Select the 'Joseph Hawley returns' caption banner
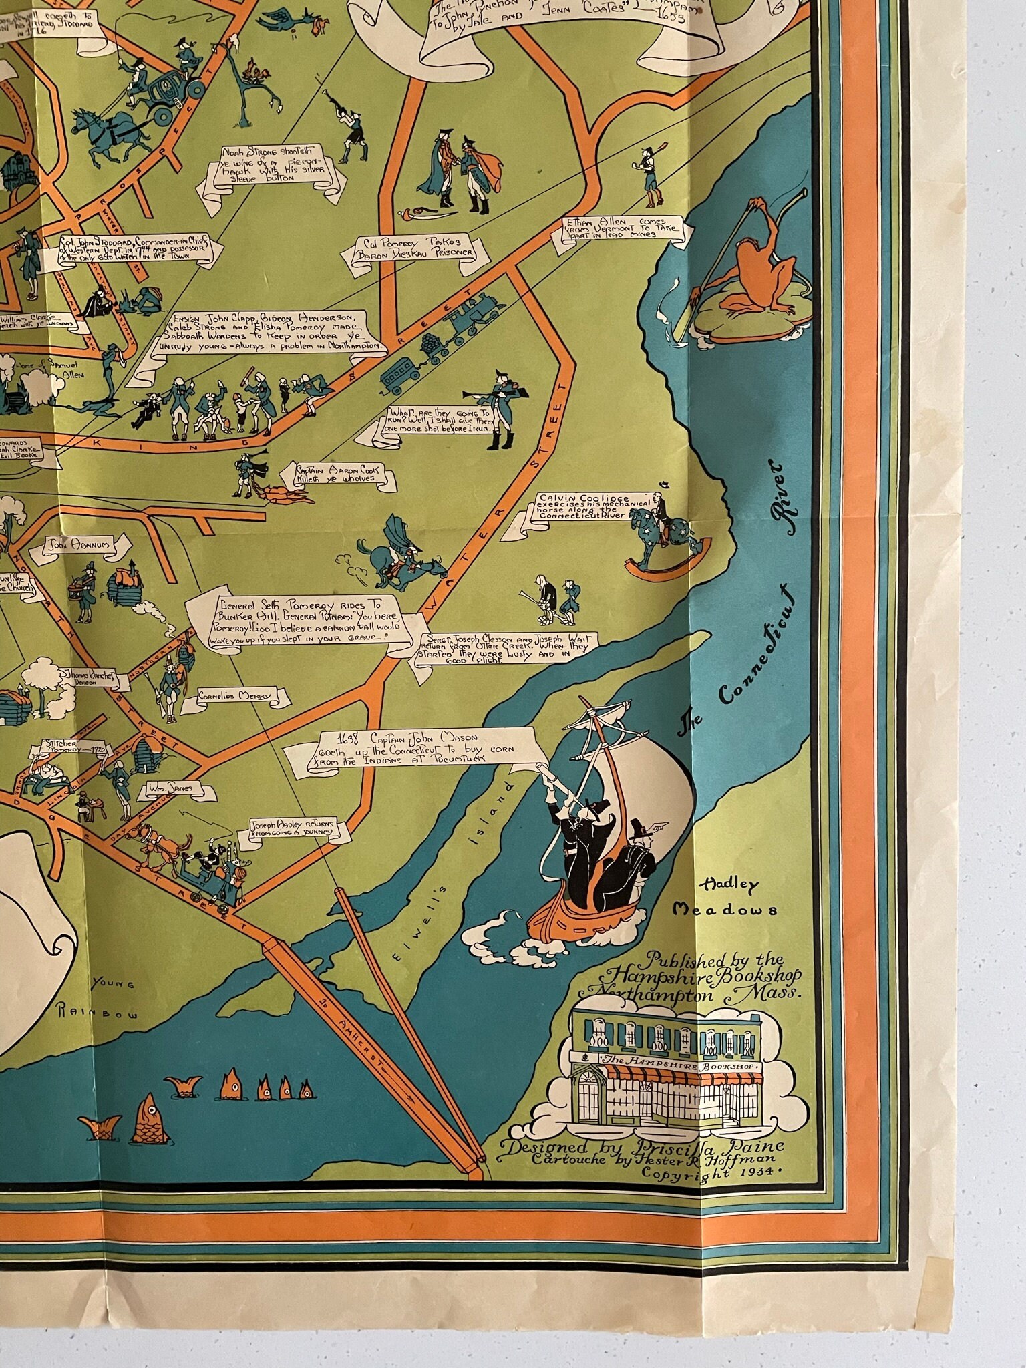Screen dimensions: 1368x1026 coord(298,830)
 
